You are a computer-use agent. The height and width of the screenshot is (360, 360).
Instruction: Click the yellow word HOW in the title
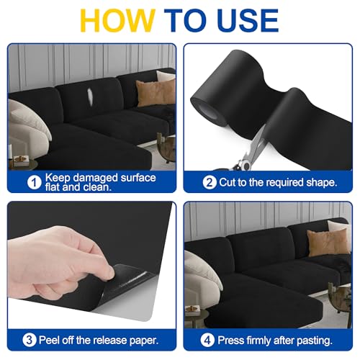point(112,22)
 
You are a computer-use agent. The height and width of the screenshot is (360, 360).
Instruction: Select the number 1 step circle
point(33,182)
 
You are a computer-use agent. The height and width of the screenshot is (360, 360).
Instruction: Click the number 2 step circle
point(209,182)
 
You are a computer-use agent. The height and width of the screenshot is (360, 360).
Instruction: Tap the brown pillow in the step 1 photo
point(155,92)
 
